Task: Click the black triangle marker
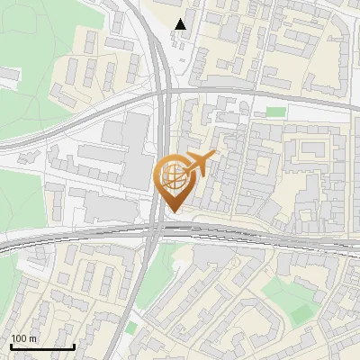[181, 24]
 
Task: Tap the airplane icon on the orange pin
[199, 163]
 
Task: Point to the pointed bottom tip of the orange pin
[173, 211]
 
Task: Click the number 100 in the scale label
[20, 338]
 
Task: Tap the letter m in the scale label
[33, 338]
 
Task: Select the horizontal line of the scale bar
[42, 346]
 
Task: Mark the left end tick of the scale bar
[11, 345]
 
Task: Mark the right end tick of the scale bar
[74, 345]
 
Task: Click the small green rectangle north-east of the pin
[275, 112]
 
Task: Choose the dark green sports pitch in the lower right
[301, 312]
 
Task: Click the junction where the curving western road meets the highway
[160, 94]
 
